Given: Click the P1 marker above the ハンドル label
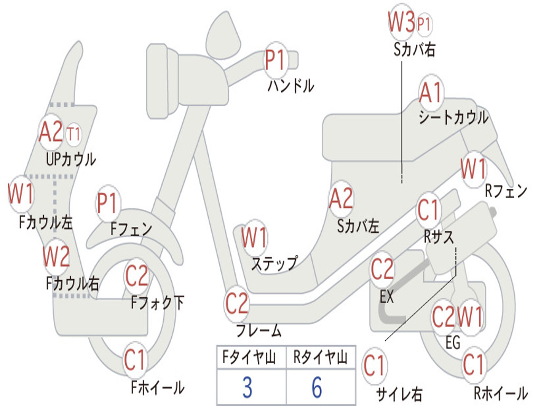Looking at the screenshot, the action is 275,60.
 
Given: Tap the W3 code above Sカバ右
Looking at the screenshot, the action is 401,22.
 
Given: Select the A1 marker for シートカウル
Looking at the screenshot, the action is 431,93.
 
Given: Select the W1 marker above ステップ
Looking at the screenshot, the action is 254,238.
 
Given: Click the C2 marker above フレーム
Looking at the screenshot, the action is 237,303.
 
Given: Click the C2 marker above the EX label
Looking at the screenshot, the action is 383,270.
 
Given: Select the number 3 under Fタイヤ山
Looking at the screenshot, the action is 247,387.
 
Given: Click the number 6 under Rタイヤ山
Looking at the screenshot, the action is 316,387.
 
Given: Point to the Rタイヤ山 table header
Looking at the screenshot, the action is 320,358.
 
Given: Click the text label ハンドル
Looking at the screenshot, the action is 291,85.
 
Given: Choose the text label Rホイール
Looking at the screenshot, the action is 500,393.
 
